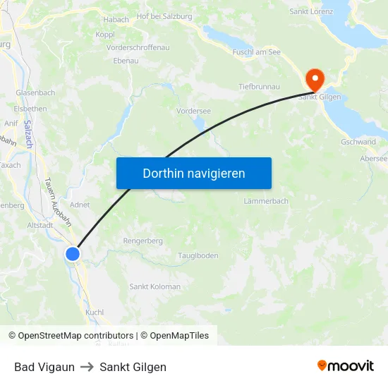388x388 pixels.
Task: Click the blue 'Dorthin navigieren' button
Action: (194, 173)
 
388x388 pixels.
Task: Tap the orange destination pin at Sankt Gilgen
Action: (312, 78)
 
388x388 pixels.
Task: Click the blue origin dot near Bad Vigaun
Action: (73, 254)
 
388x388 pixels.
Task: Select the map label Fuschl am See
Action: (256, 52)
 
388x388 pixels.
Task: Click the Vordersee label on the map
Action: (194, 111)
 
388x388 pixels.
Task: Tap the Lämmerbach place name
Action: (266, 201)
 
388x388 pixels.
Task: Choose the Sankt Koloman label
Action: (154, 286)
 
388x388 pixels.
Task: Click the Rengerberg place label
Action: (143, 241)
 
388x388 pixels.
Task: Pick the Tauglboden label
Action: (198, 255)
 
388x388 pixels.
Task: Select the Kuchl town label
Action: (95, 312)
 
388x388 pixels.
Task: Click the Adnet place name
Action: (80, 205)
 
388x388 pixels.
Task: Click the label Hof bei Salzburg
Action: (165, 16)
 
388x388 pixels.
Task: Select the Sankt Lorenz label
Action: (311, 11)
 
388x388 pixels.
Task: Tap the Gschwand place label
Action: (358, 142)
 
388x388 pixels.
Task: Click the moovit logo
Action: (346, 366)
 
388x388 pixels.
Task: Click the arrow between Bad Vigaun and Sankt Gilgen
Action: (87, 368)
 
